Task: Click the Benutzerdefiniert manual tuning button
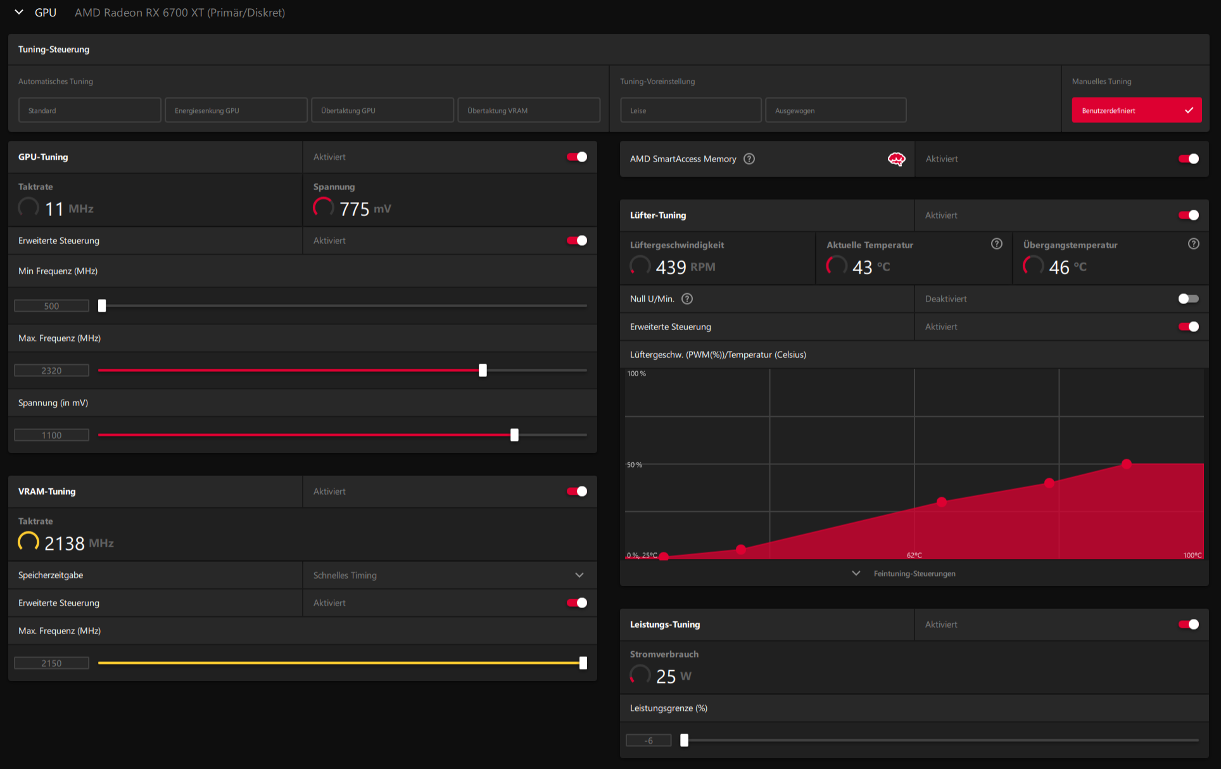[1136, 110]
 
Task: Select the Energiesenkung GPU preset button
[236, 110]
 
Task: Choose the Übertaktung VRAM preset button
[529, 110]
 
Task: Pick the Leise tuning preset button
[691, 110]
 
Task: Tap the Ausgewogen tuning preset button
[836, 110]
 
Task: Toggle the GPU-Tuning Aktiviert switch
[577, 157]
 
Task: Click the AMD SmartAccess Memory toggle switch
[1189, 159]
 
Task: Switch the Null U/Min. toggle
[1189, 299]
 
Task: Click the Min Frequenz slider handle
[102, 306]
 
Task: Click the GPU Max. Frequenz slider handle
[483, 371]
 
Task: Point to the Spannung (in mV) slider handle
[514, 435]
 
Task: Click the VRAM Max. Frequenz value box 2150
[52, 663]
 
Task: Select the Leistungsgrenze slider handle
[684, 740]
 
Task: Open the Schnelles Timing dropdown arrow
[579, 575]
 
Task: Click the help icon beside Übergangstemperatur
[1194, 244]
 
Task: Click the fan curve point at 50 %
[1126, 464]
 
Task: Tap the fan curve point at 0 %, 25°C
[664, 557]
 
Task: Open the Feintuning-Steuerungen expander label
[914, 574]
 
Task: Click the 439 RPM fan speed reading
[685, 267]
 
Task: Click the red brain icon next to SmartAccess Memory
[896, 159]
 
